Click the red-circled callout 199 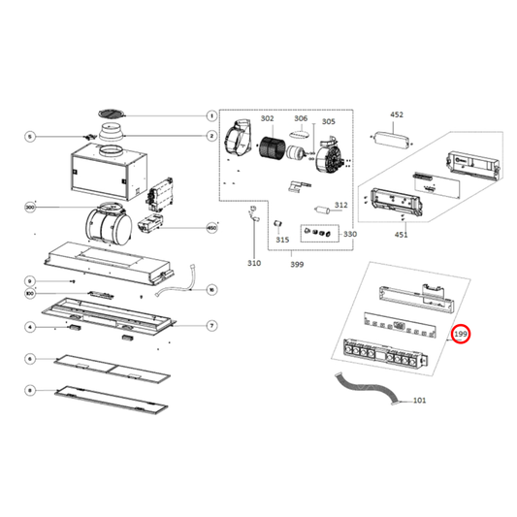462,335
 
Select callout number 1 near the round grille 210,116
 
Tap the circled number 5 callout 30,137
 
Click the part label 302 268,118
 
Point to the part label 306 301,118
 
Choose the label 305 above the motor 329,122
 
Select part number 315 281,239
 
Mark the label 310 253,263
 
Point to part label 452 396,114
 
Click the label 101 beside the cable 419,401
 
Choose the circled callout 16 210,289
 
